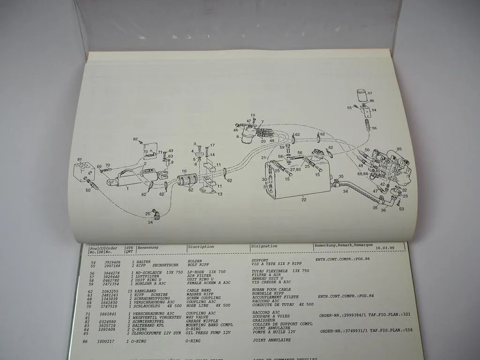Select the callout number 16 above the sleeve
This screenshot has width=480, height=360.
pos(184,172)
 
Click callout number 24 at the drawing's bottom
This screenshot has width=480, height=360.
pos(151,223)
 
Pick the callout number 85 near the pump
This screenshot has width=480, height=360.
pos(399,150)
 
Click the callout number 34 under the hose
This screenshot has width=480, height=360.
pos(345,191)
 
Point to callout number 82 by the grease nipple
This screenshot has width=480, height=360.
pos(135,139)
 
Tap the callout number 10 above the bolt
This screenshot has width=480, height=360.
pos(253,115)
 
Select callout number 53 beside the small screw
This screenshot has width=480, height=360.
pos(401,209)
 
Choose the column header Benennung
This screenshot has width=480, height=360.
pos(148,247)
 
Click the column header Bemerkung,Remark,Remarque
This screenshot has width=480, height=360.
pos(343,245)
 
